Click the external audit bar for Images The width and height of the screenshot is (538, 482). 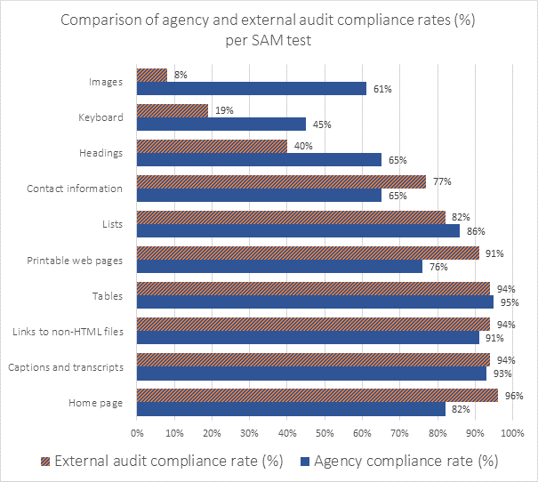click(151, 75)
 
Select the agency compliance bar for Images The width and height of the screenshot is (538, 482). click(251, 89)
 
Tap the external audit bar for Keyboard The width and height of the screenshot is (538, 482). click(172, 110)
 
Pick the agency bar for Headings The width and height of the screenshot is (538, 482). click(259, 160)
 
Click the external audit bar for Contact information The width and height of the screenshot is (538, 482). click(281, 181)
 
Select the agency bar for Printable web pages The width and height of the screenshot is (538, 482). click(279, 267)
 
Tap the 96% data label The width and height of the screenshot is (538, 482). click(513, 395)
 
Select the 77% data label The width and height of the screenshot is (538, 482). click(442, 181)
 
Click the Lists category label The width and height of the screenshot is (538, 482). click(112, 224)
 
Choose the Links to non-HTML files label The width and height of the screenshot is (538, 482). click(76, 332)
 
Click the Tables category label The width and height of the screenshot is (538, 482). click(109, 296)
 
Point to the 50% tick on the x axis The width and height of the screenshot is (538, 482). click(324, 433)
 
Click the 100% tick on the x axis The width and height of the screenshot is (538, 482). click(512, 433)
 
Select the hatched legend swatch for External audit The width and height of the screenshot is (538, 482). click(45, 461)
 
